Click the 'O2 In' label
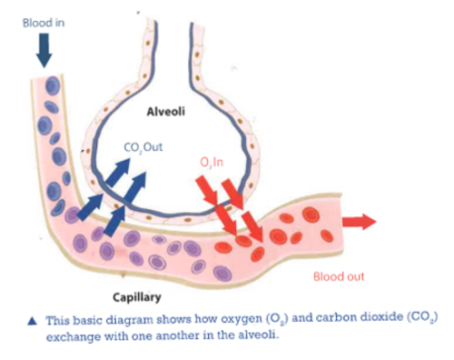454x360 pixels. point(215,162)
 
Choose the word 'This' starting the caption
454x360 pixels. point(57,321)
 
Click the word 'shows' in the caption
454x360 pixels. point(162,321)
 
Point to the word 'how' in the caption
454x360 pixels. point(192,321)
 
